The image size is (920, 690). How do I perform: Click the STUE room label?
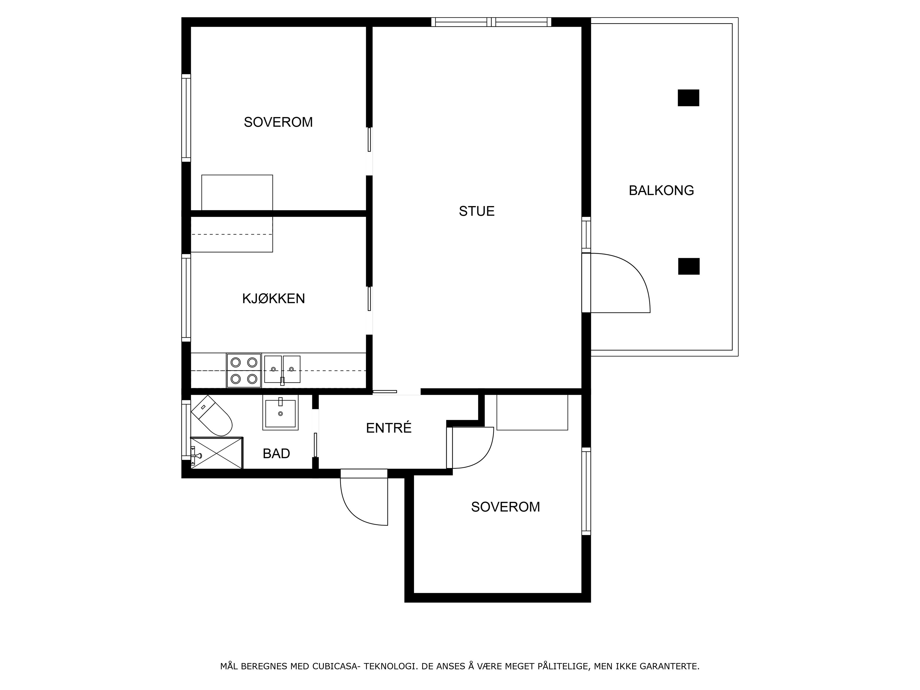(477, 211)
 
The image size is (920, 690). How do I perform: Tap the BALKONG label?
(661, 190)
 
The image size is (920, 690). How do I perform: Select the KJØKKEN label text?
(274, 299)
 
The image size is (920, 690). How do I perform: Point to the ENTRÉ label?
(389, 428)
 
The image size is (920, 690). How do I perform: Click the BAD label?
(276, 453)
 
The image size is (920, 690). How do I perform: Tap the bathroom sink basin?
(280, 413)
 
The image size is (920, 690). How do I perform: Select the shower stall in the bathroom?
(217, 453)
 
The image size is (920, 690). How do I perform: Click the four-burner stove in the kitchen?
(244, 371)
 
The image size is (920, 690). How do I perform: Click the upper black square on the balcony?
(688, 98)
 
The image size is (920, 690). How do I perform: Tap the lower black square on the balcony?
(689, 266)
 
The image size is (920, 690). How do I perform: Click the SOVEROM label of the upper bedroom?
(278, 122)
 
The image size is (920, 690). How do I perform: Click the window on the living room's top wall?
(491, 22)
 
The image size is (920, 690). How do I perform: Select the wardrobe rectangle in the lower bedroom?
(532, 412)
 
